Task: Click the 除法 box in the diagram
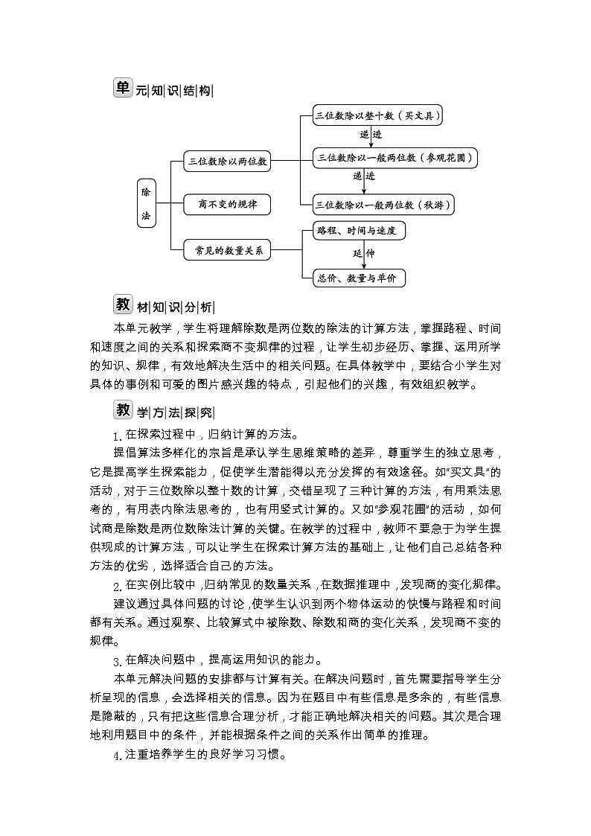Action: click(146, 203)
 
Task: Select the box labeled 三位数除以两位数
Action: click(227, 160)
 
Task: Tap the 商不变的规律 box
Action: click(227, 204)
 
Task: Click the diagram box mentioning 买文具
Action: click(378, 115)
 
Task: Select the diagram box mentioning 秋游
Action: click(384, 204)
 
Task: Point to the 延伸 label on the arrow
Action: click(364, 254)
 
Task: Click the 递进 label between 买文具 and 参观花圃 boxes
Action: click(371, 135)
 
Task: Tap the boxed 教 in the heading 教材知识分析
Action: click(122, 304)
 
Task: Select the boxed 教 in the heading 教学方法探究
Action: click(122, 410)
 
